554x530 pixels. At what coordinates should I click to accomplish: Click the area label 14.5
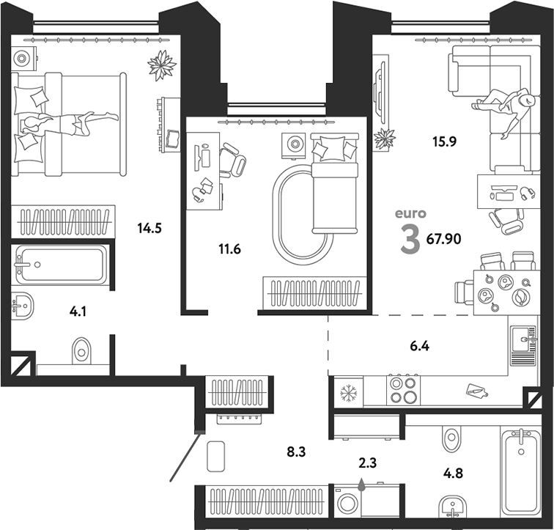coord(149,229)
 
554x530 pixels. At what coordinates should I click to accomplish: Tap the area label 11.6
coord(229,249)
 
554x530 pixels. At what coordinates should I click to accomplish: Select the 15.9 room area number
coord(445,142)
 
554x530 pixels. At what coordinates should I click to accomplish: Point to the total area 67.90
coord(444,240)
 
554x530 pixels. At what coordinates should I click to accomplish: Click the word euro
coord(410,214)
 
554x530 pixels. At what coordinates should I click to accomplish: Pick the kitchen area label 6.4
coord(420,346)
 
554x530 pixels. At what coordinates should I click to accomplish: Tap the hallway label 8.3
coord(296,452)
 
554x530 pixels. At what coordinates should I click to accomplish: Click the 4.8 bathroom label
coord(454,473)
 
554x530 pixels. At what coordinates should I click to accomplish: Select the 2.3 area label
coord(367,463)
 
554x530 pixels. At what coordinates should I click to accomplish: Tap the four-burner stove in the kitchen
coord(404,390)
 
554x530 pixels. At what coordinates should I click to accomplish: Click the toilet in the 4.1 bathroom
coord(81,351)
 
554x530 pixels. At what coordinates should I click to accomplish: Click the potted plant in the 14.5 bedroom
coord(162,66)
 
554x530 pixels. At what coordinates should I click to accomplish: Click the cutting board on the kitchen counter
coord(476,391)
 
